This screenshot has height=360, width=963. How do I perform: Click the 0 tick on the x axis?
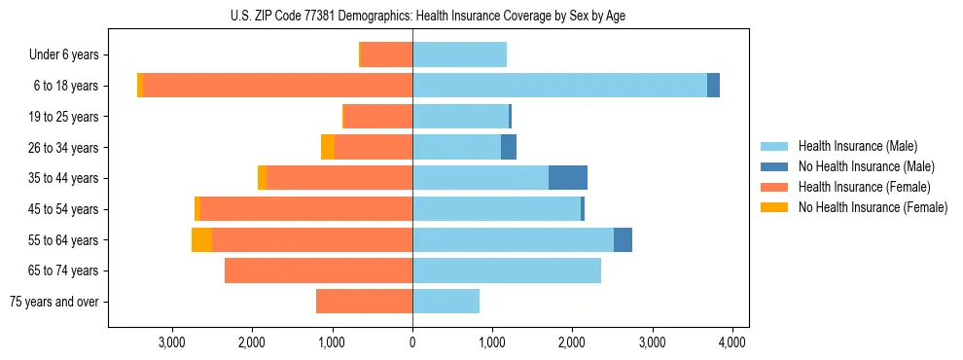tap(412, 342)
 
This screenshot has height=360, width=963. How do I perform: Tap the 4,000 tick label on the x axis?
tap(731, 342)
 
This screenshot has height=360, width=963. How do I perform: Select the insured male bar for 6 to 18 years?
tap(559, 86)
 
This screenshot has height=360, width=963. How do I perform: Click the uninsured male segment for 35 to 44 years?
tap(568, 178)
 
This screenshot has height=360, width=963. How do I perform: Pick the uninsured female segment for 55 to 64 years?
tap(201, 239)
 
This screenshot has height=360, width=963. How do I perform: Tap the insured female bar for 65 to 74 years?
tap(318, 270)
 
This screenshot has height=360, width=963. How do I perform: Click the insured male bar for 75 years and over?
tap(446, 302)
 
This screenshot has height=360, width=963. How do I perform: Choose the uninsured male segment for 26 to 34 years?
tap(509, 147)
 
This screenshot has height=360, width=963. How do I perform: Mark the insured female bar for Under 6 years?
tap(386, 55)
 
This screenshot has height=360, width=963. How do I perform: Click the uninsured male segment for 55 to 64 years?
tap(623, 239)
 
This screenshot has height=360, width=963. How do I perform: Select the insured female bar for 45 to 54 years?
tap(305, 209)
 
